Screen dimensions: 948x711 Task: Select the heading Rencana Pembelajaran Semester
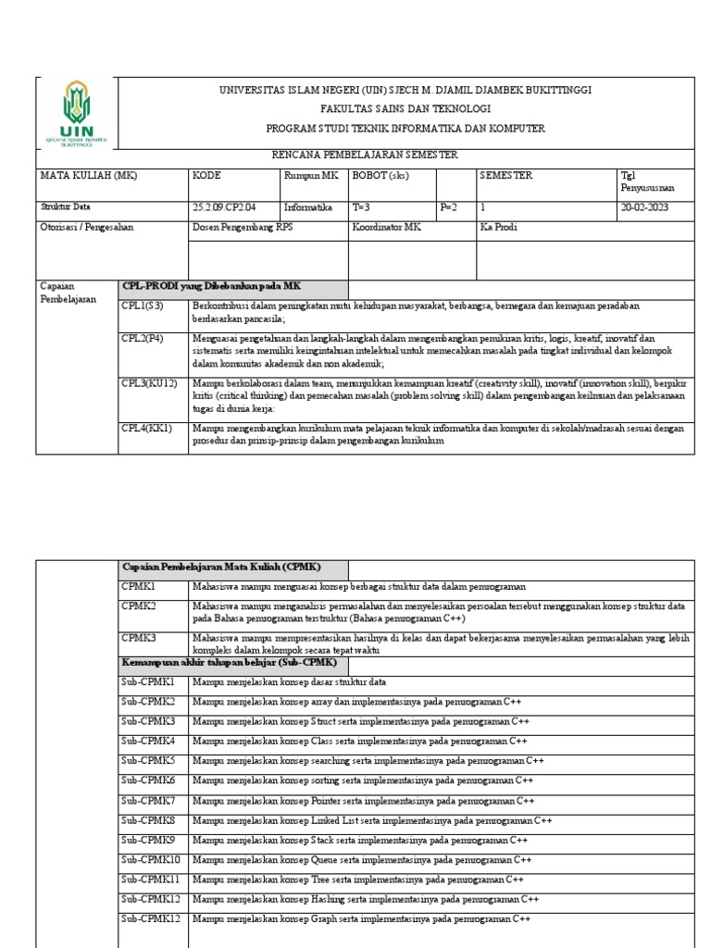point(364,155)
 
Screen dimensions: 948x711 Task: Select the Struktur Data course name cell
point(65,207)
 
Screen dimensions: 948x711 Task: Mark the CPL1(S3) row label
point(143,306)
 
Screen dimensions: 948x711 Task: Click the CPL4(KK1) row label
point(147,428)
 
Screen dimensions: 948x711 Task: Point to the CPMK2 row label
point(139,605)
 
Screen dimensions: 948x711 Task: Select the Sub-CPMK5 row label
point(148,760)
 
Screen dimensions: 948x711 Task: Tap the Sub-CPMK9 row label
point(148,841)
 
